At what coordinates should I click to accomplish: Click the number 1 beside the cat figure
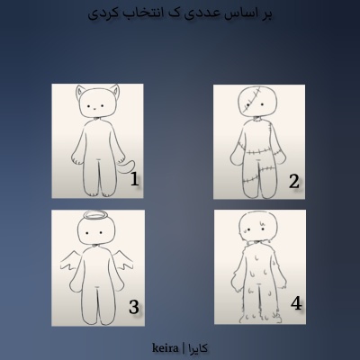(x=134, y=179)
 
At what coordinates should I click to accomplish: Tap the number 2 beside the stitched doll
(x=293, y=182)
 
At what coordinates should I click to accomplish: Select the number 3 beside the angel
(x=133, y=307)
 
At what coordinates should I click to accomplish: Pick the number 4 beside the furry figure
(x=295, y=302)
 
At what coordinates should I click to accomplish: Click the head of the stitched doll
(x=257, y=101)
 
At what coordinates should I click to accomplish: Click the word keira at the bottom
(x=166, y=346)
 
